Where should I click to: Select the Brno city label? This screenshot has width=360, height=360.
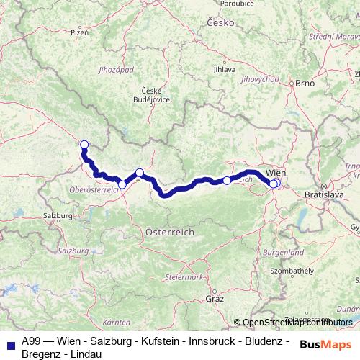pos(305,84)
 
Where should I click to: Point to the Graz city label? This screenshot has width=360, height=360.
pos(215,297)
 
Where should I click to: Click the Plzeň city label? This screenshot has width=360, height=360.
pos(79,32)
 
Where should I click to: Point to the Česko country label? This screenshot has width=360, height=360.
pos(222,22)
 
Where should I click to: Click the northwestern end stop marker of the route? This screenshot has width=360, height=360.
pos(84,144)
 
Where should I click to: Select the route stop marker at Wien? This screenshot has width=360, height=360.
pos(274,184)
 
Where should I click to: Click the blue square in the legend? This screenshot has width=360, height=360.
pos(10,344)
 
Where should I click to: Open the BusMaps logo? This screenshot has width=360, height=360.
pos(328,344)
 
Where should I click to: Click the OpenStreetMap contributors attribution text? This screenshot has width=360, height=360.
pos(296,323)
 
